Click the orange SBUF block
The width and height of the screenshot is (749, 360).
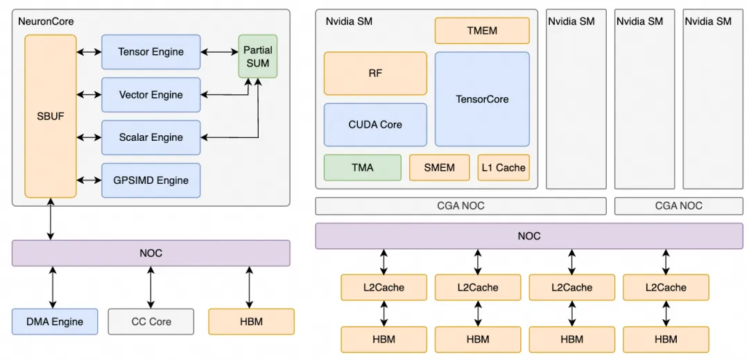[x=51, y=116]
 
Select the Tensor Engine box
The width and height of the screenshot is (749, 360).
[x=150, y=52]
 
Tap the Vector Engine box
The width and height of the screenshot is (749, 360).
[x=150, y=95]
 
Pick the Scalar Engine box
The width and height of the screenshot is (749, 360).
[x=150, y=137]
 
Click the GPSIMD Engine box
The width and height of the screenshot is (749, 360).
[x=150, y=180]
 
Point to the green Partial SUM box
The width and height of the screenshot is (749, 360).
[x=257, y=56]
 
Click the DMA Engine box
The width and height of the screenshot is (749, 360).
[x=55, y=322]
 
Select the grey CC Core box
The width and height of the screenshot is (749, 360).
[x=150, y=322]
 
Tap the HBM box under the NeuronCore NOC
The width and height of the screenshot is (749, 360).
[x=251, y=322]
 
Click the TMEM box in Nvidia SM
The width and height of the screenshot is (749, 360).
[x=481, y=31]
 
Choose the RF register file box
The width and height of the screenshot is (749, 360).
[x=375, y=73]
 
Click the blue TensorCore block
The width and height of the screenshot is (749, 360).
[x=481, y=99]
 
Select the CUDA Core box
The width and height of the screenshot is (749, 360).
[x=375, y=125]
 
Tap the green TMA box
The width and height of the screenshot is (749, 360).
[x=362, y=167]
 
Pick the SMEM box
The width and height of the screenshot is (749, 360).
[x=439, y=167]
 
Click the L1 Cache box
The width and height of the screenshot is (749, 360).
[x=503, y=167]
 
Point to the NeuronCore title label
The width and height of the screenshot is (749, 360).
[x=46, y=22]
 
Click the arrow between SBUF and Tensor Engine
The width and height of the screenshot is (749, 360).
[x=89, y=52]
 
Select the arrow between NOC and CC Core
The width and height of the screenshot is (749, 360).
[x=150, y=287]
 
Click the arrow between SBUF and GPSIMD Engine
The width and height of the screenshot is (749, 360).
[x=89, y=180]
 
